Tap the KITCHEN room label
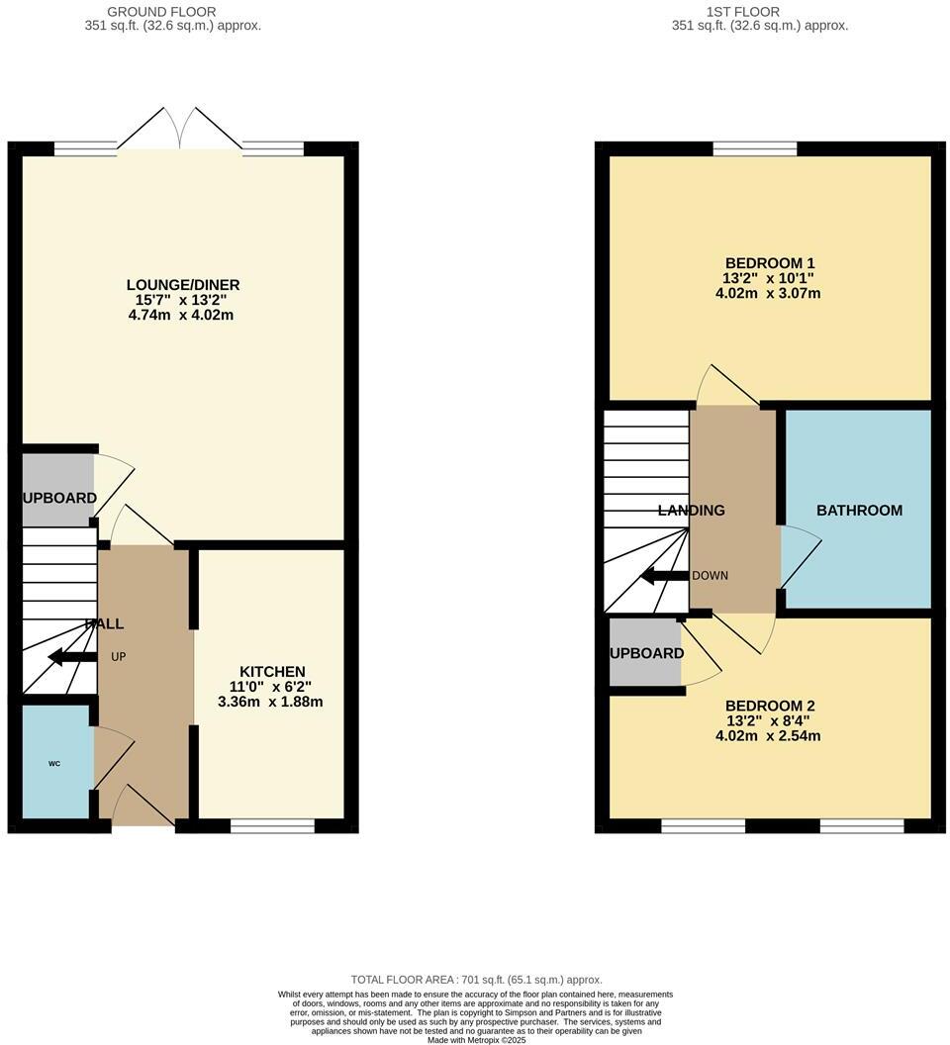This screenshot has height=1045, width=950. pos(270,672)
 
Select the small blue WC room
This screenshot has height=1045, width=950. pos(56,763)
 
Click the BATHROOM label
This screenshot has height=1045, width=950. pos(859,511)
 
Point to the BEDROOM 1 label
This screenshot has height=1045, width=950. pos(770,263)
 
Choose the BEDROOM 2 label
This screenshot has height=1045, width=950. pos(770,706)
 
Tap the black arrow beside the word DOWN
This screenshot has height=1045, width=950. pos(663,576)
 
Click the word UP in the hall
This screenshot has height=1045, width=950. pos(118,656)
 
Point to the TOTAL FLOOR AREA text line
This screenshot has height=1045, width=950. pos(476,980)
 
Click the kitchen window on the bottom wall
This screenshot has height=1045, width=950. pos(273,825)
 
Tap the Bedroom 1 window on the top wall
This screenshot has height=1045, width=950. pos(755,148)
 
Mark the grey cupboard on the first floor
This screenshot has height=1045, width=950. pos(645,652)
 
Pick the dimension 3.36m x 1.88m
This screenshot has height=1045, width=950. pos(270,702)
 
